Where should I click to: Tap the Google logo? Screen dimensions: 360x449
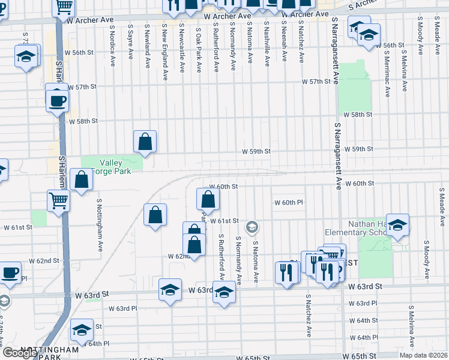pos(20,353)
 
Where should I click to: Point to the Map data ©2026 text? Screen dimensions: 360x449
pos(423,355)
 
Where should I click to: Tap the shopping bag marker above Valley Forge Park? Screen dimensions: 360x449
pos(145,142)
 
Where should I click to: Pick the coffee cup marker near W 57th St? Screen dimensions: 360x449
pos(57,100)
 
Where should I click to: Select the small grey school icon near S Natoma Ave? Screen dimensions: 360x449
pos(252,227)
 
